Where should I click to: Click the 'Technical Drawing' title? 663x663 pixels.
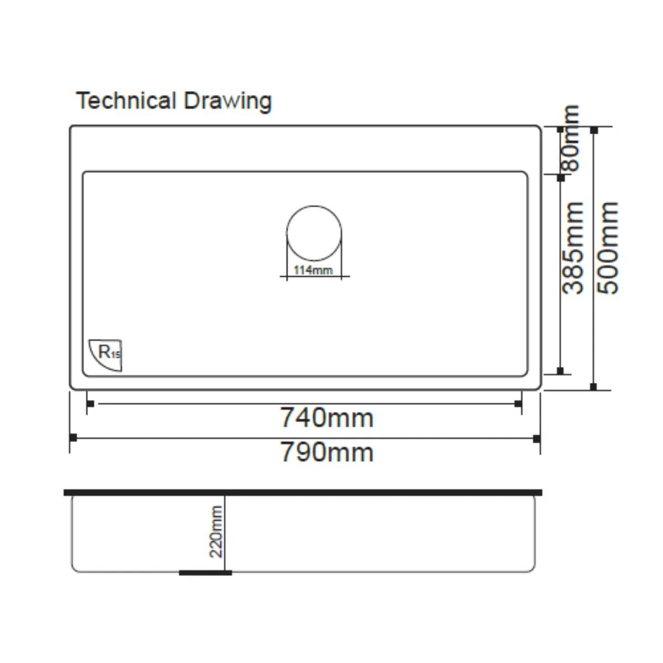[x=173, y=101]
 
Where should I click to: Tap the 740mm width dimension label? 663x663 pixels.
[x=327, y=418]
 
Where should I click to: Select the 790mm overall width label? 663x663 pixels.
[x=327, y=452]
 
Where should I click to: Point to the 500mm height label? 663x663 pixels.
[x=607, y=248]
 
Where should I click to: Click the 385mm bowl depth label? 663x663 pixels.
[x=572, y=248]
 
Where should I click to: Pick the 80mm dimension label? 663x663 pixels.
[x=570, y=138]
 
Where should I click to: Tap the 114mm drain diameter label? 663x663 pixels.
[x=313, y=270]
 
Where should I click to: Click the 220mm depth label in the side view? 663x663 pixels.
[x=216, y=532]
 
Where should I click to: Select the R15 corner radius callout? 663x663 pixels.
[x=106, y=355]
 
